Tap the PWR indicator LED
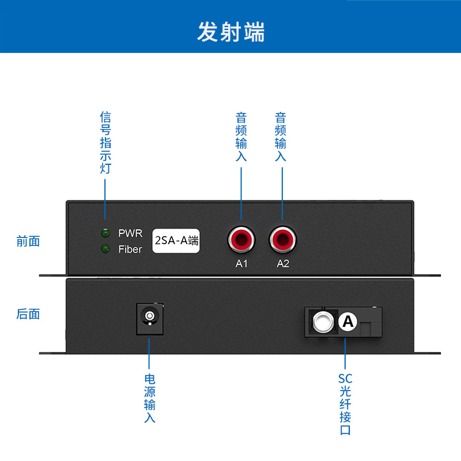pos(105,233)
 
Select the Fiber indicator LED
pos(105,249)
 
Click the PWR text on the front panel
pos(130,233)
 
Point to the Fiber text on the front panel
pos(130,250)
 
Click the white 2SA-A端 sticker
pos(176,240)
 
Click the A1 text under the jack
pos(241,264)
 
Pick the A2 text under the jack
pos(283,264)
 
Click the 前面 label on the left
pos(28,241)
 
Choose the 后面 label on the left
pos(28,314)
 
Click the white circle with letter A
pos(348,322)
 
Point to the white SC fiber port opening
pos(323,322)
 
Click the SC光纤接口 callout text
pos(345,404)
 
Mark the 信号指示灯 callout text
pos(105,143)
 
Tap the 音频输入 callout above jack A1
pos(241,137)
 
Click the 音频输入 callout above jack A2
pos(281,137)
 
